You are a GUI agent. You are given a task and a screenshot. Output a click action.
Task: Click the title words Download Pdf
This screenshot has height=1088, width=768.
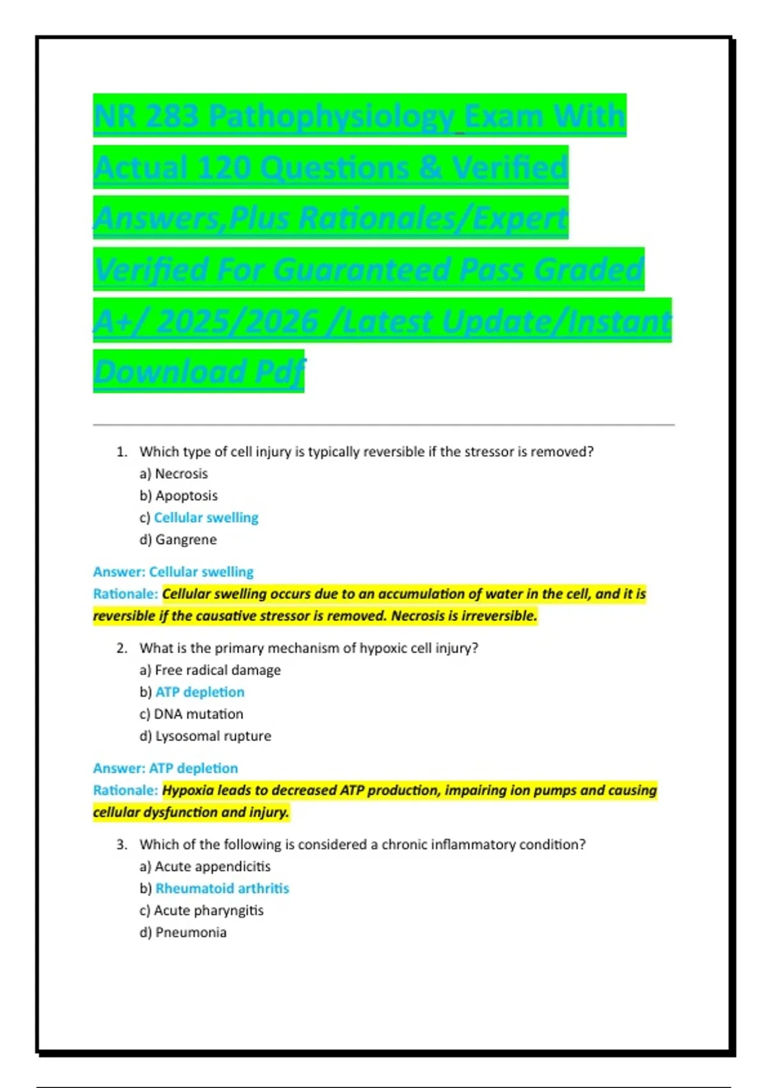point(198,372)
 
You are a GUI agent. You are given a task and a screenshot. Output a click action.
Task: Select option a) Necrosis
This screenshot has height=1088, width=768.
point(173,474)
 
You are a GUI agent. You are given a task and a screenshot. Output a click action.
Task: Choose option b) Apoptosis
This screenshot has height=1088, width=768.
point(179,495)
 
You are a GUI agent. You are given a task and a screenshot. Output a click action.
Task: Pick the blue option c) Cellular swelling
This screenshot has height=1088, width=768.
point(199,517)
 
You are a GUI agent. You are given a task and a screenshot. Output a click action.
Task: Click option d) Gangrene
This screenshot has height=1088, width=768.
point(178,540)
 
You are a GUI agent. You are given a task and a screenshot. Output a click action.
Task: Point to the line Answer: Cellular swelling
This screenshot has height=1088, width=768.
point(173,572)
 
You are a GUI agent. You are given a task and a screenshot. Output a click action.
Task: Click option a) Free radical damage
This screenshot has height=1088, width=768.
point(210,670)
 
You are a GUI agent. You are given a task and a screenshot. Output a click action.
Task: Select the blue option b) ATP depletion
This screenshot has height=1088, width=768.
point(192,692)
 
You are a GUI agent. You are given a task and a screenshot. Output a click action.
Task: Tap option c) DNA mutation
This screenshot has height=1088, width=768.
point(191,714)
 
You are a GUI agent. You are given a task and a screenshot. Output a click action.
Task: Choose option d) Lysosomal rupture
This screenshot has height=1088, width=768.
point(205,736)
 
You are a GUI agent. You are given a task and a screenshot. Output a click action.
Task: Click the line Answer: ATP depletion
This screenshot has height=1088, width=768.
point(166,768)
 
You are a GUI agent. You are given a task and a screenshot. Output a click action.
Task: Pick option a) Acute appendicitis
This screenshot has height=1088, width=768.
point(205,867)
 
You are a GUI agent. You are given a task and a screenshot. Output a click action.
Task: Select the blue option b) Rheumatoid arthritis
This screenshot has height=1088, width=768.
point(214,888)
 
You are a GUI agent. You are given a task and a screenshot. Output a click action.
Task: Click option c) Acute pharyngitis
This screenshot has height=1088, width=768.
point(202,910)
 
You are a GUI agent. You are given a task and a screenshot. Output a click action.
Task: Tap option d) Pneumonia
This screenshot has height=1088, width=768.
point(183,932)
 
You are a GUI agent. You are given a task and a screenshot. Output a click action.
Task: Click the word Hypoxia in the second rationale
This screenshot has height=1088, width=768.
point(188,790)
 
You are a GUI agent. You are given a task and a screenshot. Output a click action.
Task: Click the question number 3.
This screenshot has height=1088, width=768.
point(122,845)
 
